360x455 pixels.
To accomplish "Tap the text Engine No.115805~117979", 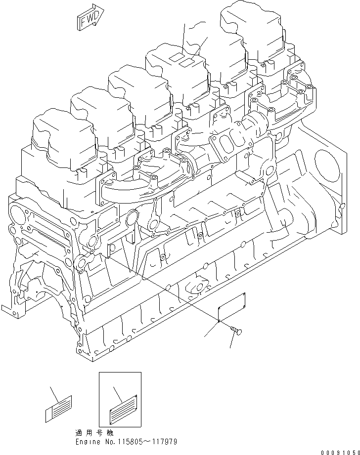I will click(126, 441).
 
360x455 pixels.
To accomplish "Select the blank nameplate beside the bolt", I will click(232, 307).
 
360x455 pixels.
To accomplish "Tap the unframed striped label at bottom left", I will click(59, 408).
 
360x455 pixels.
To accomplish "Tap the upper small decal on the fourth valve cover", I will click(176, 58).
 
